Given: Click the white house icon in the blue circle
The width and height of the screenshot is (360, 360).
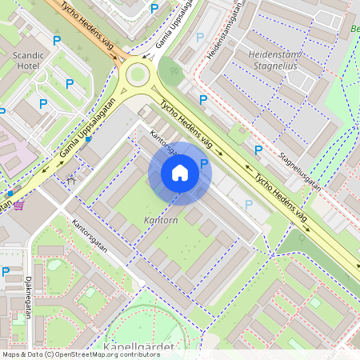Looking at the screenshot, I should [x=180, y=173].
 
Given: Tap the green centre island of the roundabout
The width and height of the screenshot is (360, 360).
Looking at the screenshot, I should [x=137, y=75].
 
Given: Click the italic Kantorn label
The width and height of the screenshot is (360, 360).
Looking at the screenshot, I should [x=160, y=219].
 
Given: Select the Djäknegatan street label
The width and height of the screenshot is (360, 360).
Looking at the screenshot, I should [x=27, y=298].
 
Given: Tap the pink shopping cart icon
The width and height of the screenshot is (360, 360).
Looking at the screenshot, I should [x=18, y=205].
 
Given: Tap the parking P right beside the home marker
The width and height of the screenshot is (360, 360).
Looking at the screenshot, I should [x=204, y=164].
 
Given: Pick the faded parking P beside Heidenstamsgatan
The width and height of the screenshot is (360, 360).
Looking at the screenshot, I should [x=200, y=37].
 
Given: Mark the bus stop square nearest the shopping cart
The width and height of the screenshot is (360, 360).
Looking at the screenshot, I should [x=10, y=193].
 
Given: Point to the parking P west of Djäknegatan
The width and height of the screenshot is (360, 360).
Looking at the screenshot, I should [x=6, y=271].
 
